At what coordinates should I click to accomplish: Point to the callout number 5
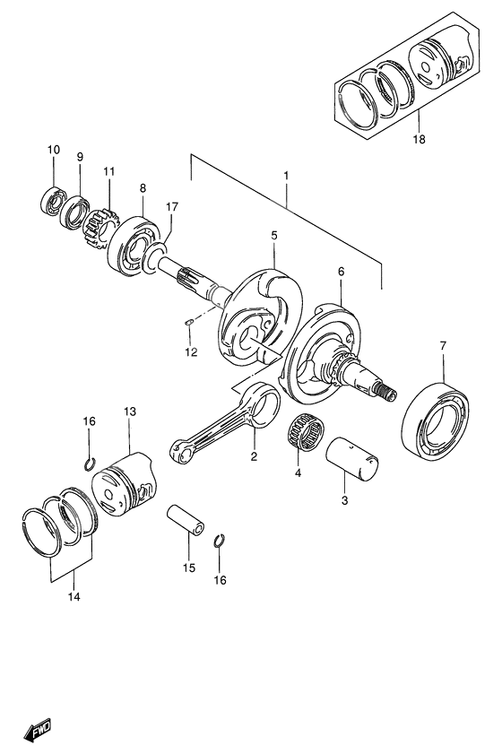pyautogui.click(x=275, y=236)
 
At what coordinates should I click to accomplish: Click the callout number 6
pyautogui.click(x=341, y=270)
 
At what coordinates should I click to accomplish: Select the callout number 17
pyautogui.click(x=171, y=207)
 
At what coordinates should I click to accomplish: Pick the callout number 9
pyautogui.click(x=80, y=157)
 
